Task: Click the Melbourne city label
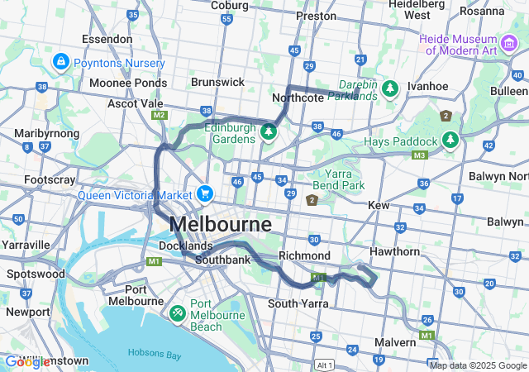(x=220, y=224)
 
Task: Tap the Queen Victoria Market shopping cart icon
(x=204, y=193)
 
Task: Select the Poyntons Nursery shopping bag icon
(x=61, y=62)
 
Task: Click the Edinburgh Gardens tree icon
(x=268, y=131)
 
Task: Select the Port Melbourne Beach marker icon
(x=177, y=314)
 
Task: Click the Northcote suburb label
(x=298, y=98)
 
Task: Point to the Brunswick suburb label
(x=217, y=82)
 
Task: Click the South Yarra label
(x=298, y=303)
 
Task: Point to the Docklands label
(x=186, y=246)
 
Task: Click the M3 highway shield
(x=420, y=155)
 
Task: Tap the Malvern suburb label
(x=395, y=341)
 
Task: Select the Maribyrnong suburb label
(x=47, y=133)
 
